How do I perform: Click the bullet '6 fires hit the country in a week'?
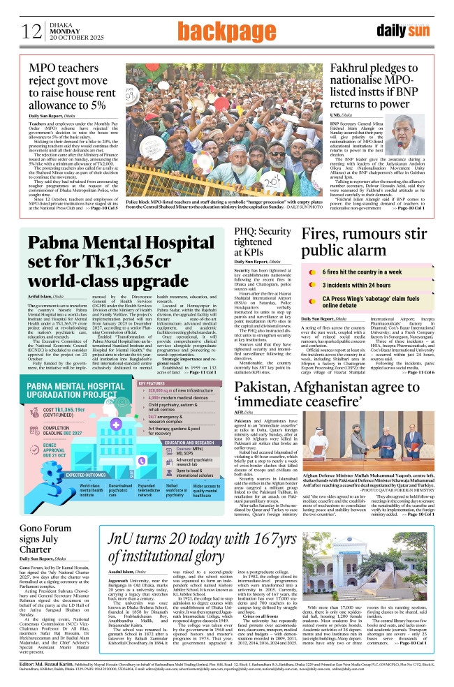[x=363, y=272]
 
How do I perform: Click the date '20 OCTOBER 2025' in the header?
[x=72, y=38]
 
